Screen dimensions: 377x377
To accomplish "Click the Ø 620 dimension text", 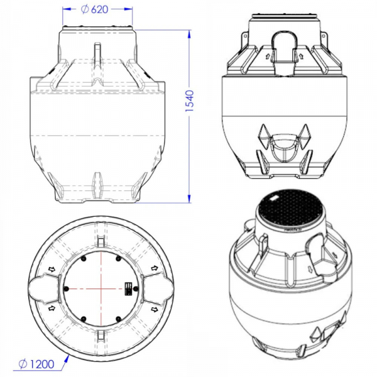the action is [x=94, y=9].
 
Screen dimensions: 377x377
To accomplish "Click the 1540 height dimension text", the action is [x=190, y=101].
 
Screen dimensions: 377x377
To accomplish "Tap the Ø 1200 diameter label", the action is [x=36, y=364].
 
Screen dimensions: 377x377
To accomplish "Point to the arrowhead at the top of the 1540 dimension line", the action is [x=190, y=34].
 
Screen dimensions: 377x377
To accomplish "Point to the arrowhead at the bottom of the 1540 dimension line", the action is [x=190, y=199].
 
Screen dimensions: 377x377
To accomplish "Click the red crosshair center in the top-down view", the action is [x=101, y=288].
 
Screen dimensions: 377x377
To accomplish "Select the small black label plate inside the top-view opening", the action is [x=129, y=288].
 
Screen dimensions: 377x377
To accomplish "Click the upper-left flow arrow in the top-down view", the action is [x=52, y=269].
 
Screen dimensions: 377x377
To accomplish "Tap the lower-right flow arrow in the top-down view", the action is [x=155, y=309].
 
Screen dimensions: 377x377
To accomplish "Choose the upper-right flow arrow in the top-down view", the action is [x=155, y=268].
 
